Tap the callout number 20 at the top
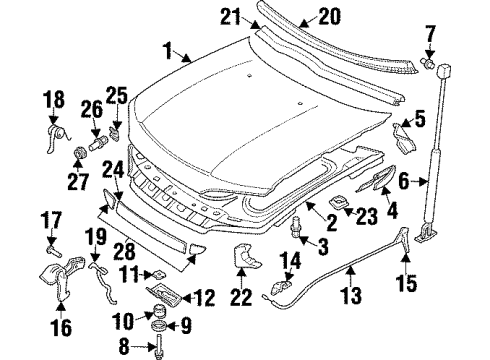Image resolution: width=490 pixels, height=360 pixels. click(301, 16)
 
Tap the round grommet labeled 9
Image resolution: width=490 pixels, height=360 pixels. click(157, 325)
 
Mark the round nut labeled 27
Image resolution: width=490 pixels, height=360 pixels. click(77, 152)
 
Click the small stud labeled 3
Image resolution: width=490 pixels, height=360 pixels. click(298, 227)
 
